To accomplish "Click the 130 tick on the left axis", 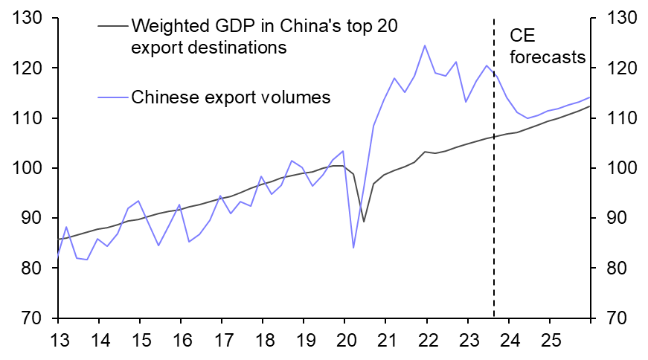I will click(x=30, y=18).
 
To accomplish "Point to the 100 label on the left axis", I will click(x=30, y=168).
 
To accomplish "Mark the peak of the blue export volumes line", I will click(x=425, y=45).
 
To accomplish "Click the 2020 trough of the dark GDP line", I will click(x=363, y=221).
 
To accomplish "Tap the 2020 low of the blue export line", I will click(x=353, y=248).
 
